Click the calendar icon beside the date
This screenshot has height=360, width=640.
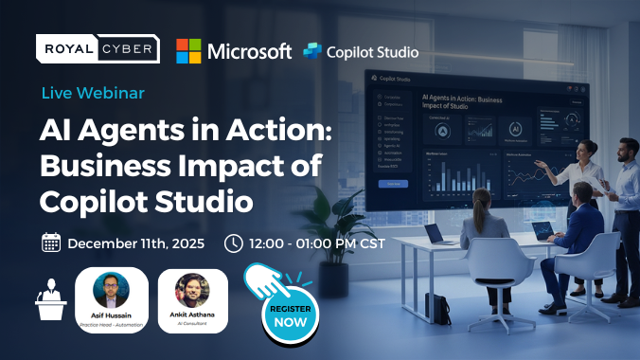tap(51, 243)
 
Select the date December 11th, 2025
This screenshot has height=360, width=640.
tap(134, 243)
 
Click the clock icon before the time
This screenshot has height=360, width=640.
tap(233, 243)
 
